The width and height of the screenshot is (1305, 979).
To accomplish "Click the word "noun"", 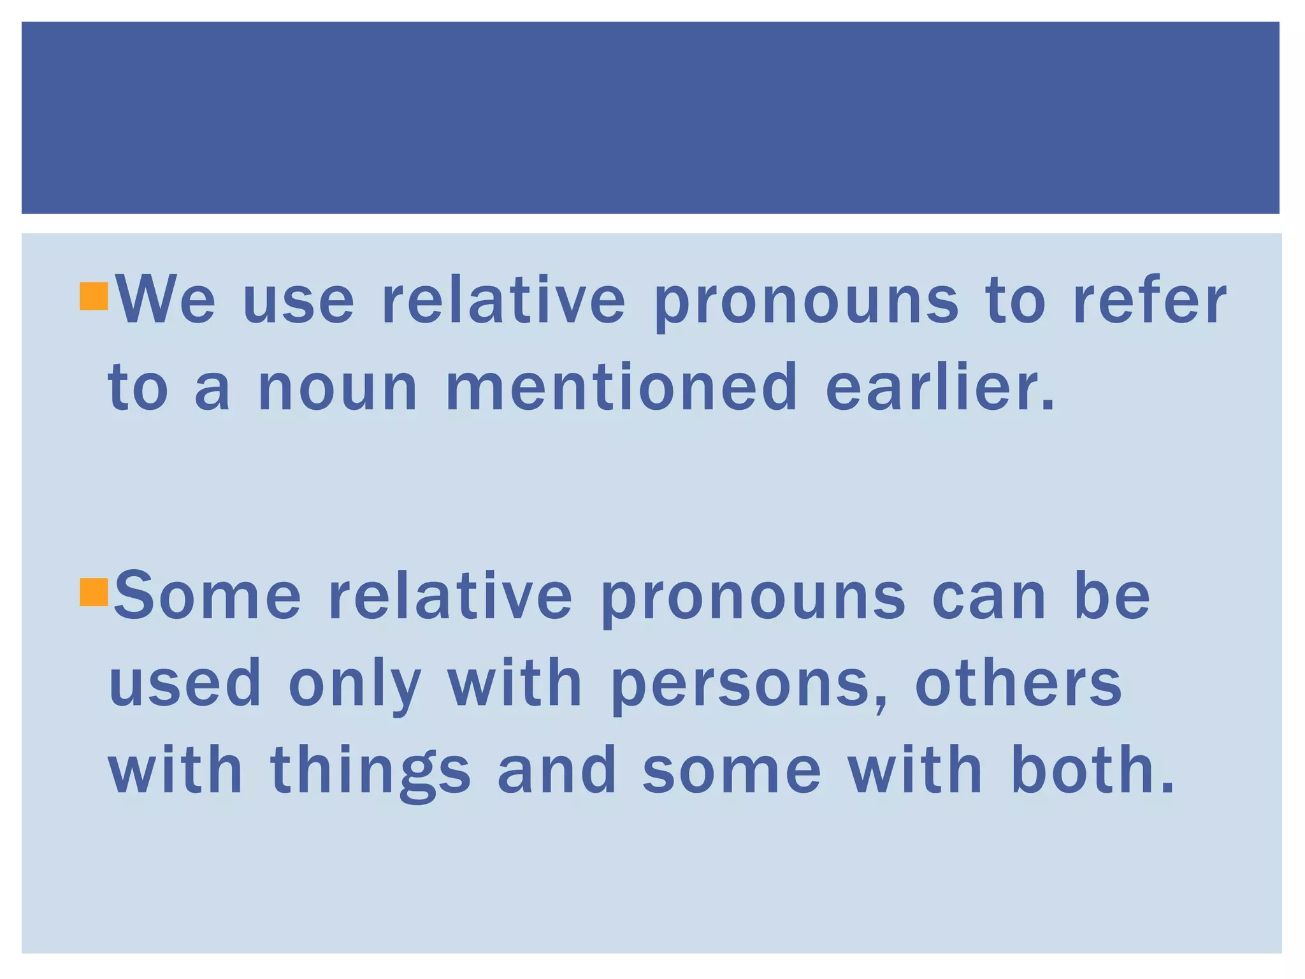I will (337, 388).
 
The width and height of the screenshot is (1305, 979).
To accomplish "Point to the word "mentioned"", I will (621, 386).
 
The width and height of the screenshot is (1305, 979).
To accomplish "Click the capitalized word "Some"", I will (207, 596).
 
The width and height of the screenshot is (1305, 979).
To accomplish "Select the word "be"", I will (1112, 596).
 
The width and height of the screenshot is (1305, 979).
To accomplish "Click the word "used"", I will (185, 683).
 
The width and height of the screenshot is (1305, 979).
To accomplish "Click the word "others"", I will (1018, 683).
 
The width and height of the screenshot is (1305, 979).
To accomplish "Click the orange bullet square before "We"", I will (94, 296).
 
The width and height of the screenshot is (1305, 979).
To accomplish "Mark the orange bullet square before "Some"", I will (94, 592).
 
